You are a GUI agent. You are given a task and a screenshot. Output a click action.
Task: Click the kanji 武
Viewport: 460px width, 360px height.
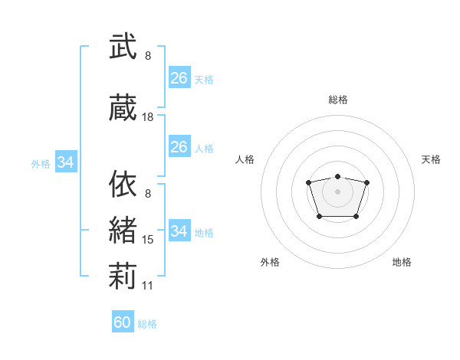[123, 46]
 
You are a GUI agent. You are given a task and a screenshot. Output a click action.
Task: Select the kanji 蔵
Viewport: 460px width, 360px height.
[123, 107]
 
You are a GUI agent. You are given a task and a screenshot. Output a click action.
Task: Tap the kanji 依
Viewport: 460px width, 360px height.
[123, 184]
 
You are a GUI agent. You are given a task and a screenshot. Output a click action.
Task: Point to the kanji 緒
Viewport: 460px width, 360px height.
[123, 230]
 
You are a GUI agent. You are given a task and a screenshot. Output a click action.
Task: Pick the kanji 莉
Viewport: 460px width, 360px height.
[123, 276]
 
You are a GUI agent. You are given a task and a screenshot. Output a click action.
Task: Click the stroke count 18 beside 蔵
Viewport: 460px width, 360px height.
[147, 117]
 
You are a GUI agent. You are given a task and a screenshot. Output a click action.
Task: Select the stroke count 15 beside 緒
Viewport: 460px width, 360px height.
[147, 240]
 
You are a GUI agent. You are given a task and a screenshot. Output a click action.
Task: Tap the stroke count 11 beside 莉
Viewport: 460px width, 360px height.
[147, 286]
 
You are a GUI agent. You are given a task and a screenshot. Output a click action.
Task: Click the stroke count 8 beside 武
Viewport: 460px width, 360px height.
[148, 56]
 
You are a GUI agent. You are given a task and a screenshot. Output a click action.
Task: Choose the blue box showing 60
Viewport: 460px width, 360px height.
[123, 321]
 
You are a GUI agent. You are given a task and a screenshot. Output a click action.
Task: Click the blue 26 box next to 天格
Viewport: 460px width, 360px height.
[179, 77]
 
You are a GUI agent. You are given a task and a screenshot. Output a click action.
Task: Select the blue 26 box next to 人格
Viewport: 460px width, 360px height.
[179, 146]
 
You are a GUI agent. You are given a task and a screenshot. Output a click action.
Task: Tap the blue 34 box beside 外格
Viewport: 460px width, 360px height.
[66, 162]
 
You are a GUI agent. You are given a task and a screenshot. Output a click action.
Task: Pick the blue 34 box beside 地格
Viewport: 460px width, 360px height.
[179, 230]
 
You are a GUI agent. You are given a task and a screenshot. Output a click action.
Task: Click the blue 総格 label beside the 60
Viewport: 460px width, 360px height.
[147, 324]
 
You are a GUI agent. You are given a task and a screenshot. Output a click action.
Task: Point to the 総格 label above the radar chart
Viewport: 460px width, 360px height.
[338, 100]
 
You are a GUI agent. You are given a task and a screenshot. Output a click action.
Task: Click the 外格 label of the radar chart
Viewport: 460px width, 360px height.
[270, 262]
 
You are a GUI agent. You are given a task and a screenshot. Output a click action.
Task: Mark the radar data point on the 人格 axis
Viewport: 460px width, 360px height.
[308, 182]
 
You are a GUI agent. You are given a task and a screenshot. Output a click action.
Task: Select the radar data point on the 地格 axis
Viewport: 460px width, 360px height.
[356, 217]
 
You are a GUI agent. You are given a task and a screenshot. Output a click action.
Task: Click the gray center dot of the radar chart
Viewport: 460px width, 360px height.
[337, 191]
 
